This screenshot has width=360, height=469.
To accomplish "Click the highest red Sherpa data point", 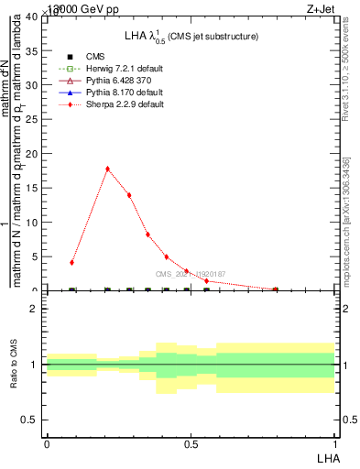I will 107,169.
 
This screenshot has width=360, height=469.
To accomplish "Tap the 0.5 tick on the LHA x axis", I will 191,442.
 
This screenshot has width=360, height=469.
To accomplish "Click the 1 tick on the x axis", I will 335,442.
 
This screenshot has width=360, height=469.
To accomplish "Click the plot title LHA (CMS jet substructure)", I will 191,36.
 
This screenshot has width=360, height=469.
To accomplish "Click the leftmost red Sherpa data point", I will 71,262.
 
